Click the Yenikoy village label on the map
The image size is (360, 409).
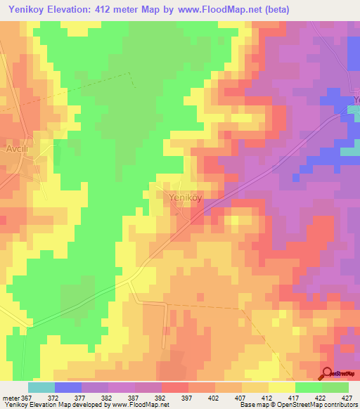click(186, 197)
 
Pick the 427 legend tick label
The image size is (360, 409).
click(348, 398)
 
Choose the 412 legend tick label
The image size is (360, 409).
click(268, 398)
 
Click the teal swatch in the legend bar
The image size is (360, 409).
click(41, 387)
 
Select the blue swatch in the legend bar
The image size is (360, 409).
click(68, 387)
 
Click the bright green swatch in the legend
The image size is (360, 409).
click(309, 387)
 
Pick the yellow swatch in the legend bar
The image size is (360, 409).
click(282, 387)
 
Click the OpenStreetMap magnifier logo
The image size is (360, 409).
click(327, 374)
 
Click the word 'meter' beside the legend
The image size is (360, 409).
click(11, 398)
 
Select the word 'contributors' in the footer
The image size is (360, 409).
click(340, 405)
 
